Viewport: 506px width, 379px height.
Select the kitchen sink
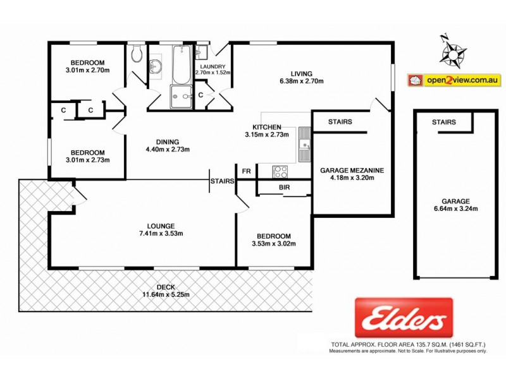coord(305,145)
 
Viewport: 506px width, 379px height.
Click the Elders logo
coord(403,318)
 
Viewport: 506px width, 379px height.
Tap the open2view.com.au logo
coord(455,80)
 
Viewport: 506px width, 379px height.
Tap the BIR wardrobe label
coord(284,188)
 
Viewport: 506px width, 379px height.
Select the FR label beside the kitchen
coord(246,171)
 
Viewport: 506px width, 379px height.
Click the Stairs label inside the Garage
coord(444,122)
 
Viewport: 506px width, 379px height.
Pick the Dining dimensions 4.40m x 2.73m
coord(167,150)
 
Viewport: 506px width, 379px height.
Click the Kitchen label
coord(266,126)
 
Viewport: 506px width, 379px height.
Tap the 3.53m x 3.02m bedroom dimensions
coord(274,244)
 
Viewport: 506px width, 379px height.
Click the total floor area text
coord(409,344)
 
